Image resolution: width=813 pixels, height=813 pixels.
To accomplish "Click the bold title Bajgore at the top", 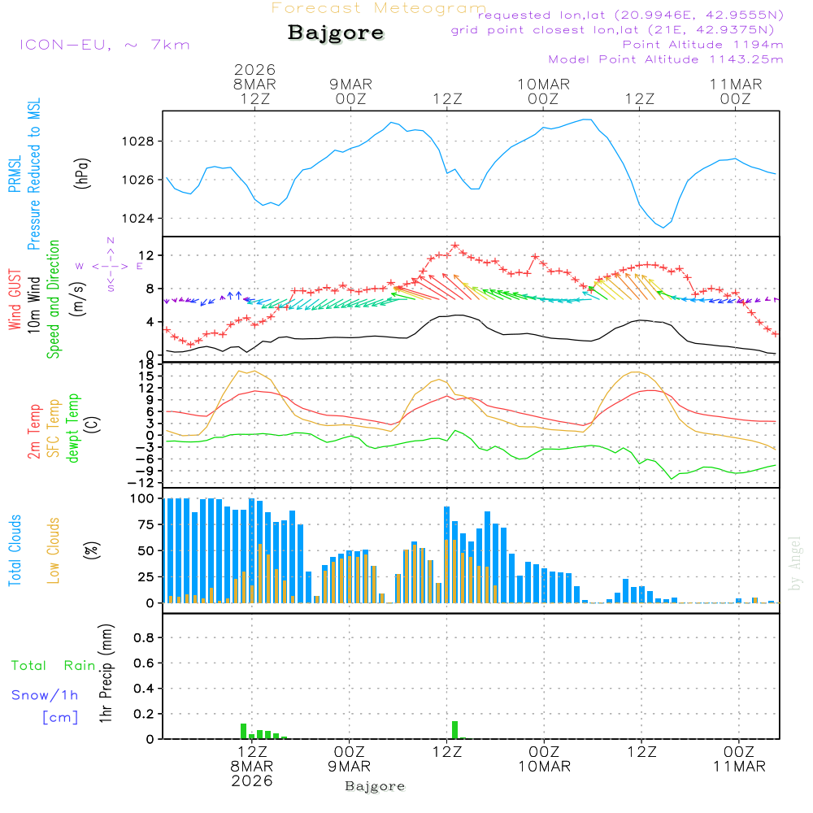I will click(336, 33).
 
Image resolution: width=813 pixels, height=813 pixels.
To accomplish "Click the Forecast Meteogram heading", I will click(379, 8).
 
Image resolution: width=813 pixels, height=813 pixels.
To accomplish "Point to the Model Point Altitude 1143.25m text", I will click(666, 59).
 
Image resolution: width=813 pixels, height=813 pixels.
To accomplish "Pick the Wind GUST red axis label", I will click(15, 301).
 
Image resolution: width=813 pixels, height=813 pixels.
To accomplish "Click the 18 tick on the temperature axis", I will click(148, 364).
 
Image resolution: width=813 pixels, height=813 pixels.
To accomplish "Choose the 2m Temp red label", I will click(34, 432).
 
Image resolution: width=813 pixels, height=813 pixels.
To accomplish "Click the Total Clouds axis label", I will click(15, 550).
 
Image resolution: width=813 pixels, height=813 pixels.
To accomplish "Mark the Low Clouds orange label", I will click(54, 550).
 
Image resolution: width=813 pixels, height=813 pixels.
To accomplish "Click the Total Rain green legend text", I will click(53, 665).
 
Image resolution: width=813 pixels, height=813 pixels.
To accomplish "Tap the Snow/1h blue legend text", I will click(45, 696).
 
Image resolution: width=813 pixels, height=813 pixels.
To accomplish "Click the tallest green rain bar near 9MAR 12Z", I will click(454, 729).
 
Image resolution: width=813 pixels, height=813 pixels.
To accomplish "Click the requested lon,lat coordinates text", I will click(631, 15).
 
